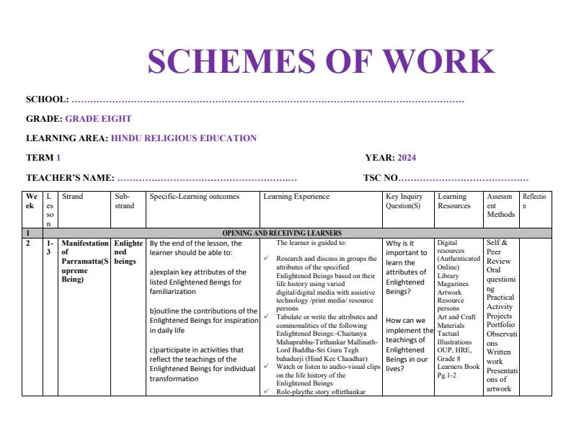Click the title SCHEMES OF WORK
[321, 62]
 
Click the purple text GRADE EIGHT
[98, 119]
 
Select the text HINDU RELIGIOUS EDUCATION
[184, 138]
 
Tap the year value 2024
[407, 158]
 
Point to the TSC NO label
[380, 177]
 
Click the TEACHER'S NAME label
[70, 177]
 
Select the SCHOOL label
[47, 99]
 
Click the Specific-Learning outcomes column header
[194, 197]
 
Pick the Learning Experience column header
[296, 197]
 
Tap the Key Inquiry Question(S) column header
[404, 201]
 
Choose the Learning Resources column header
[453, 201]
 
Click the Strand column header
[73, 197]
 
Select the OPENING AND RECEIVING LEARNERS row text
[282, 233]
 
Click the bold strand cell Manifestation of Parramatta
[85, 261]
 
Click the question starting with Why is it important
[407, 268]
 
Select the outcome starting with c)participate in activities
[203, 364]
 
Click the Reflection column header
[534, 201]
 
